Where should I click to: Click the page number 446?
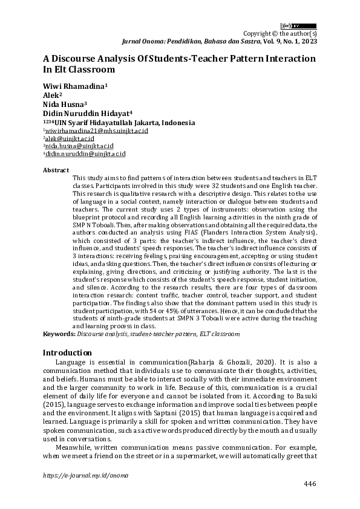click(x=309, y=485)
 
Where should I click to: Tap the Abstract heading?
click(x=56, y=170)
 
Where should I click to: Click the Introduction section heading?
click(x=67, y=352)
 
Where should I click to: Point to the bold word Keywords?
click(x=59, y=333)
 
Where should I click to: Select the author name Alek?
click(x=51, y=96)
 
